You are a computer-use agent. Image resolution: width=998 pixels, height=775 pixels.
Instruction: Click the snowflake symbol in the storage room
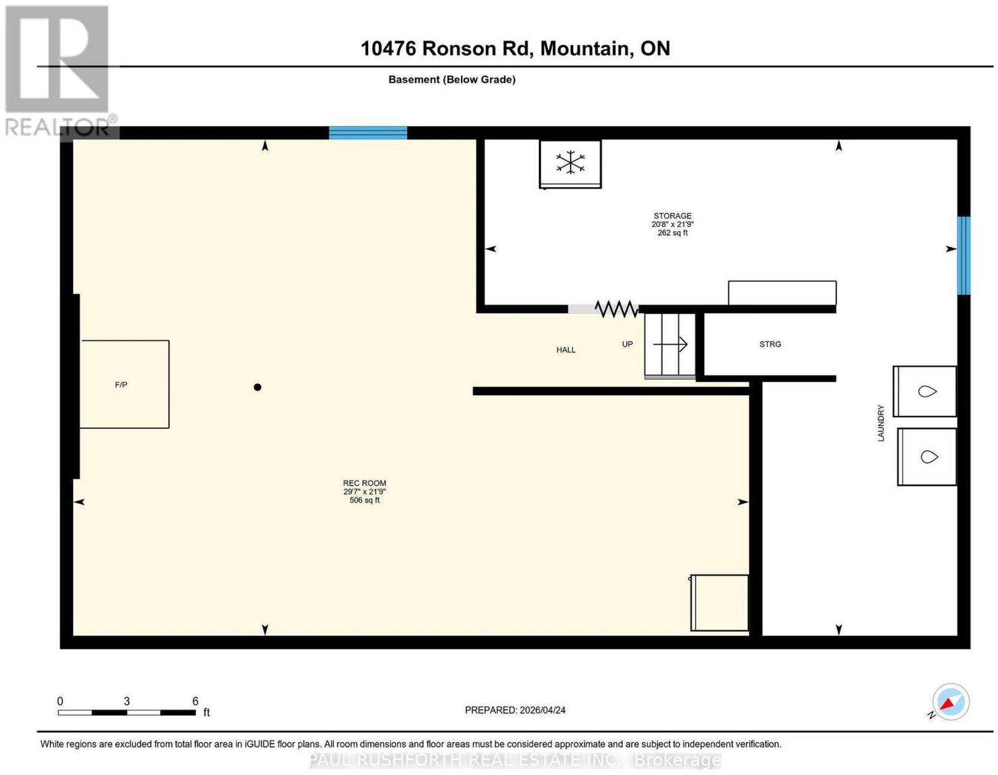tap(570, 163)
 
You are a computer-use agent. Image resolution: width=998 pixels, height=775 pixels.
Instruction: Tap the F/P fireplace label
tap(121, 385)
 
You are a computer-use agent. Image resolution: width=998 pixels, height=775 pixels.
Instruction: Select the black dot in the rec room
tap(257, 387)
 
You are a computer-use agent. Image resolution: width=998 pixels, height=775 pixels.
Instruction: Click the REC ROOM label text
tap(364, 483)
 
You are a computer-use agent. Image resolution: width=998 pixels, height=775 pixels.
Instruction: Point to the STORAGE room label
tap(672, 216)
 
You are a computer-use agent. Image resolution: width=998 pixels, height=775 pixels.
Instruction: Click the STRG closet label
tap(770, 344)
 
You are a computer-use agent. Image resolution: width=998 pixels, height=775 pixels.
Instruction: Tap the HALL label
tap(566, 350)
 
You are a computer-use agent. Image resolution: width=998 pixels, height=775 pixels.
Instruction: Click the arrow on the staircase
tap(670, 344)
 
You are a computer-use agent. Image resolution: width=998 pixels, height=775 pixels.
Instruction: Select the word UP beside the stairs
tap(627, 344)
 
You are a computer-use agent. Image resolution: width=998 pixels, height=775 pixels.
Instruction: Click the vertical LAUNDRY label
tap(881, 423)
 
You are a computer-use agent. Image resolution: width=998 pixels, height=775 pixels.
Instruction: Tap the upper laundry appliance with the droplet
tap(924, 392)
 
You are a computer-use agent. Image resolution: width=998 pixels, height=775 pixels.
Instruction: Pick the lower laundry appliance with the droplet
tap(927, 457)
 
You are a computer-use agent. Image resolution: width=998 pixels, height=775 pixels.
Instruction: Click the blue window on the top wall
tap(368, 133)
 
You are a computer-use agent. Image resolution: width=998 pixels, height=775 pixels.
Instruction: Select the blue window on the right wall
tap(964, 256)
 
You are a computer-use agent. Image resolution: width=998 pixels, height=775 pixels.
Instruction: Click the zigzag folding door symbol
tap(616, 309)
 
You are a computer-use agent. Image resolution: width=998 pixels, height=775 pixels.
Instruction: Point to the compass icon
tap(951, 702)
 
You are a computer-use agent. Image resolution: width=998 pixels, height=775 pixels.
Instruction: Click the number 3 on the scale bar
tap(127, 701)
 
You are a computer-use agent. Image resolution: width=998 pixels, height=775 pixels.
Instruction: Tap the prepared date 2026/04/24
tap(543, 710)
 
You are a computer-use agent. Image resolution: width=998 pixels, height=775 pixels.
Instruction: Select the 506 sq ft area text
tap(364, 500)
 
